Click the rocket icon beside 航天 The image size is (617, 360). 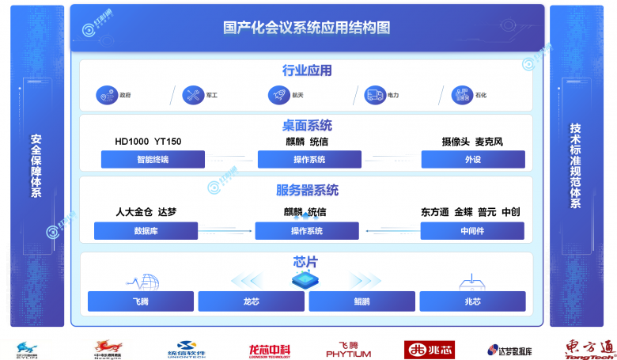pos(279,96)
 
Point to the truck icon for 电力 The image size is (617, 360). pos(374,96)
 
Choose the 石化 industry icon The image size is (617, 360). pos(462,96)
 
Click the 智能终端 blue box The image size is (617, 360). pos(153,160)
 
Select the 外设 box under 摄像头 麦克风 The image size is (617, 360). pos(472,160)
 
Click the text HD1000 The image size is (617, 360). pos(131,142)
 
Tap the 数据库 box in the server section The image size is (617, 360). pos(146,231)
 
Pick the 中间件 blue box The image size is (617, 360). pos(471,231)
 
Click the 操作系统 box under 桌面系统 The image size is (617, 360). pos(308,160)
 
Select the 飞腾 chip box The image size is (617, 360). pos(142,301)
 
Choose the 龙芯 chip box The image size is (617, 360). pos(251,301)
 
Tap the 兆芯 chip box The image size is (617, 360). pos(472,301)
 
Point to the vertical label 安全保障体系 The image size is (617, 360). pos(36,165)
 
